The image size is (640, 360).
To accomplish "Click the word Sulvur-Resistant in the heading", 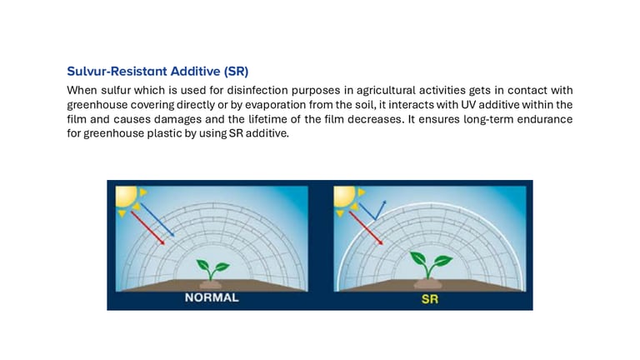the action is [x=117, y=71].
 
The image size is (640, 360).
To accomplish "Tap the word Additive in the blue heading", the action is [x=195, y=71].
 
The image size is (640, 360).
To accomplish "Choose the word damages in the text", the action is [x=177, y=119].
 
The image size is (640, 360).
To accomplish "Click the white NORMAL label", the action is [x=212, y=297].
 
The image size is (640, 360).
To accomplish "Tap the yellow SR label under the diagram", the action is [x=430, y=299].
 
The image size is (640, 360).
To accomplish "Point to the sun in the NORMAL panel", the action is [x=127, y=198].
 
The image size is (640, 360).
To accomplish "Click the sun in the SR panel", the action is [x=346, y=198].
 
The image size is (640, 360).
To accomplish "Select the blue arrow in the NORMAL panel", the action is [x=152, y=220].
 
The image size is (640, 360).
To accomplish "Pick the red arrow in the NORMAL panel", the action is [x=147, y=227].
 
